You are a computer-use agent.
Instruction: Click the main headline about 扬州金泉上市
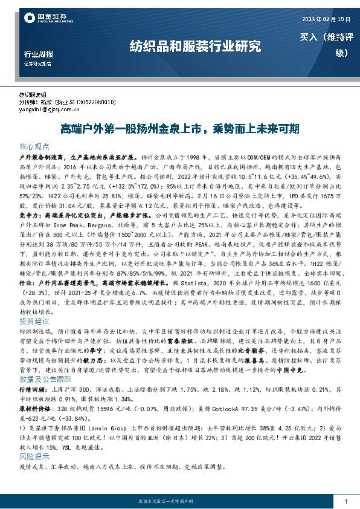(x=181, y=129)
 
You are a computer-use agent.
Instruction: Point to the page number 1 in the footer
(x=344, y=501)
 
